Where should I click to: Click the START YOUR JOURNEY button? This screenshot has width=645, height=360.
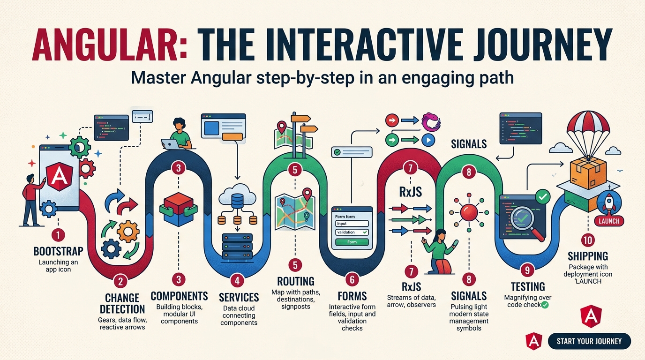589,341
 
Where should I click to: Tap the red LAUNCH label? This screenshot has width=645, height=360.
609,221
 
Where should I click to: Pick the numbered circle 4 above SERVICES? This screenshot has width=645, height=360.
238,281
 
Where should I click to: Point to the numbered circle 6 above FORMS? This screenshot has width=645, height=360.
352,280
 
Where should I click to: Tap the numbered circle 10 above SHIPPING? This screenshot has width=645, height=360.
587,240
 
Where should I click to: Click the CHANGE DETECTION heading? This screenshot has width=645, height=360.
122,303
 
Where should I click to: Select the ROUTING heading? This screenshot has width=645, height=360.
295,281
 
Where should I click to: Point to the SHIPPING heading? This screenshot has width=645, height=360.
588,256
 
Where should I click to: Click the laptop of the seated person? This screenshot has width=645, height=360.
171,144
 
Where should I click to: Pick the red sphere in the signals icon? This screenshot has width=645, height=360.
469,214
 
